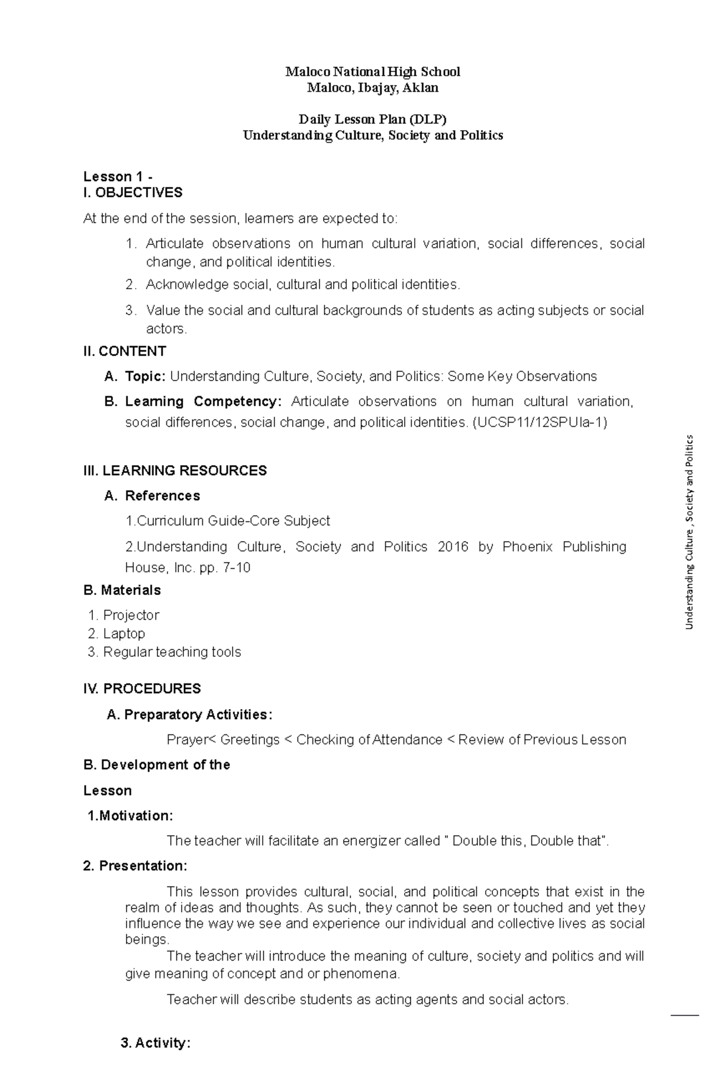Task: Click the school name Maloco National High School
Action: coord(373,72)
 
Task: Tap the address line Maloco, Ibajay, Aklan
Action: coord(373,88)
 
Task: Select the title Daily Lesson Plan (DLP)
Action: coord(373,120)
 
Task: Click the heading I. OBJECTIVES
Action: coord(133,192)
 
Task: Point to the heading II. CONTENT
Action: coord(125,351)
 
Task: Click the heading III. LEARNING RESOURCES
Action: coord(175,471)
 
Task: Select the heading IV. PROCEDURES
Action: coord(142,688)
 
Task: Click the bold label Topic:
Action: coord(146,376)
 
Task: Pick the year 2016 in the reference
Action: coord(453,546)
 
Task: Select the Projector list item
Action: coord(131,615)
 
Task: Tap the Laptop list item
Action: coord(124,633)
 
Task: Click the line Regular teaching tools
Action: coord(172,652)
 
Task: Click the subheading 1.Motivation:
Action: coord(130,816)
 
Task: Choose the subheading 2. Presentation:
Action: coord(135,866)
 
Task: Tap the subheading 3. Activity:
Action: coord(156,1043)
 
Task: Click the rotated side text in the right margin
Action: coord(689,532)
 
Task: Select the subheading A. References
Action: coord(152,495)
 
